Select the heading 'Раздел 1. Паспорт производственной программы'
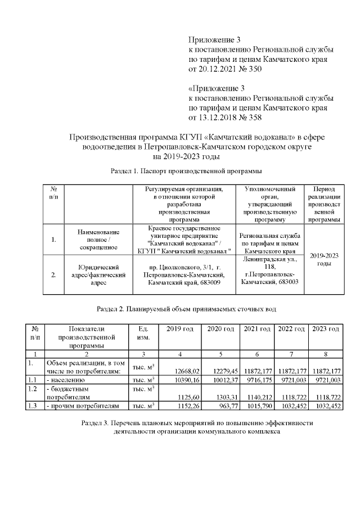(186, 170)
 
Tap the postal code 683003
(287, 282)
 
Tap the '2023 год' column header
(326, 329)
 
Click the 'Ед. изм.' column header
(139, 333)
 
